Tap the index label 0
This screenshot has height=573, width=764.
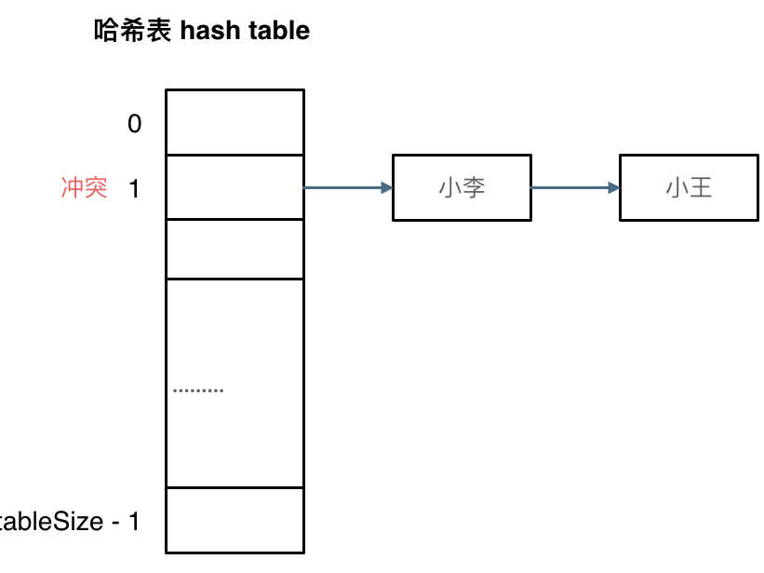point(135,123)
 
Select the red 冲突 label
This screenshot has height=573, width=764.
point(85,188)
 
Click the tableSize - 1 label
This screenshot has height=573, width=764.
point(67,522)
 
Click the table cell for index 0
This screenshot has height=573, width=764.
point(235,122)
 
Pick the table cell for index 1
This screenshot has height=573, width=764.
point(235,187)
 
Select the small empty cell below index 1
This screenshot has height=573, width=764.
point(235,249)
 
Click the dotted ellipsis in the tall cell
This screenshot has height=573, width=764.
point(198,390)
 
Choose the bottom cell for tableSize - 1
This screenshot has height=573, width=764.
point(235,520)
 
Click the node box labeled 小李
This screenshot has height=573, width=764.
point(462,188)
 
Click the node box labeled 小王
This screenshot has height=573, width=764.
point(689,188)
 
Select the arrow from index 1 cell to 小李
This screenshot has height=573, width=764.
point(344,188)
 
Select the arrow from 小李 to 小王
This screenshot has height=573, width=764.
point(571,188)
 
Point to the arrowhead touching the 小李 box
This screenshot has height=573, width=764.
point(386,188)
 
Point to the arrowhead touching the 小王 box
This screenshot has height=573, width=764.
point(613,188)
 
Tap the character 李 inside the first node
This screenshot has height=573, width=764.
point(475,188)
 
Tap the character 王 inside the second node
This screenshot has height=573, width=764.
point(701,188)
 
